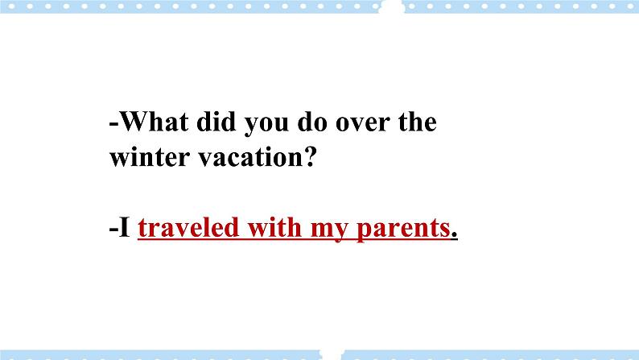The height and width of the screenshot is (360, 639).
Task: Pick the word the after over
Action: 416,123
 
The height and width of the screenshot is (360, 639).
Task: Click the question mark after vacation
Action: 305,156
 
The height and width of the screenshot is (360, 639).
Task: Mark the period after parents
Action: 455,237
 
